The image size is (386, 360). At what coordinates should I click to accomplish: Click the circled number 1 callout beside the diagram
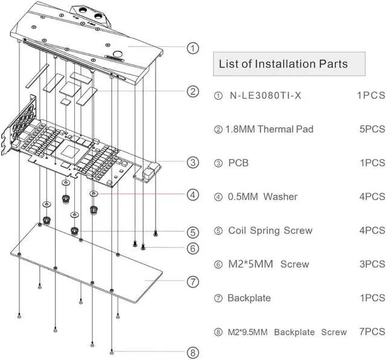(x=192, y=48)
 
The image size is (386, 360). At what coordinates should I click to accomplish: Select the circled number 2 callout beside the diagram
(x=192, y=92)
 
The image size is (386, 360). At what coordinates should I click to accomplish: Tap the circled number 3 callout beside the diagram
(x=192, y=162)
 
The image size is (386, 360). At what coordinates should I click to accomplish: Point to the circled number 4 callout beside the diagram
(x=192, y=195)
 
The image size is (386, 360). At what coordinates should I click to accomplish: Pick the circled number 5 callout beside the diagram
(x=192, y=232)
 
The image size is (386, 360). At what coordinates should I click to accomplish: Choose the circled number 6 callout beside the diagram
(x=192, y=248)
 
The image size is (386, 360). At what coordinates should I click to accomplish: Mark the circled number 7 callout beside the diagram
(x=192, y=281)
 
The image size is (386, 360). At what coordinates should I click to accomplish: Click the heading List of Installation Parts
(x=283, y=63)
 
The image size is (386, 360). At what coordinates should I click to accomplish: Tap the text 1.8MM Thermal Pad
(x=268, y=129)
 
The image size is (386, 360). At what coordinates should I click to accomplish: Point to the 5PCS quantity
(x=371, y=129)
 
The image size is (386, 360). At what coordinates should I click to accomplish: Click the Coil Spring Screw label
(x=270, y=230)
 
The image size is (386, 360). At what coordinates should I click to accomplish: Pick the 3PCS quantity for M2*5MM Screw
(x=371, y=264)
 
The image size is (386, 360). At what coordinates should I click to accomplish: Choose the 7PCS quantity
(x=371, y=332)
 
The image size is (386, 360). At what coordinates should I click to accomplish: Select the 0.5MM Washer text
(x=262, y=197)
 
